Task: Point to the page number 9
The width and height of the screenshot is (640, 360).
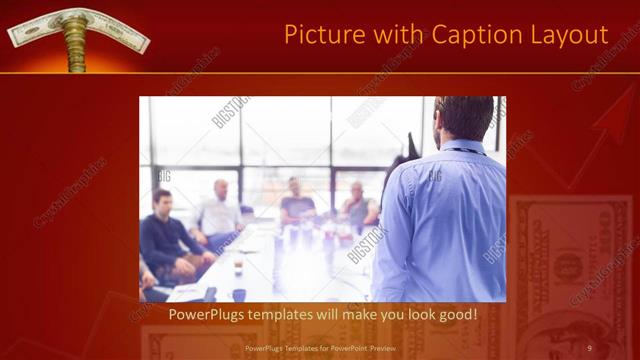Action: (x=590, y=347)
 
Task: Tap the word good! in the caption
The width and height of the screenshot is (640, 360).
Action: (x=456, y=315)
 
